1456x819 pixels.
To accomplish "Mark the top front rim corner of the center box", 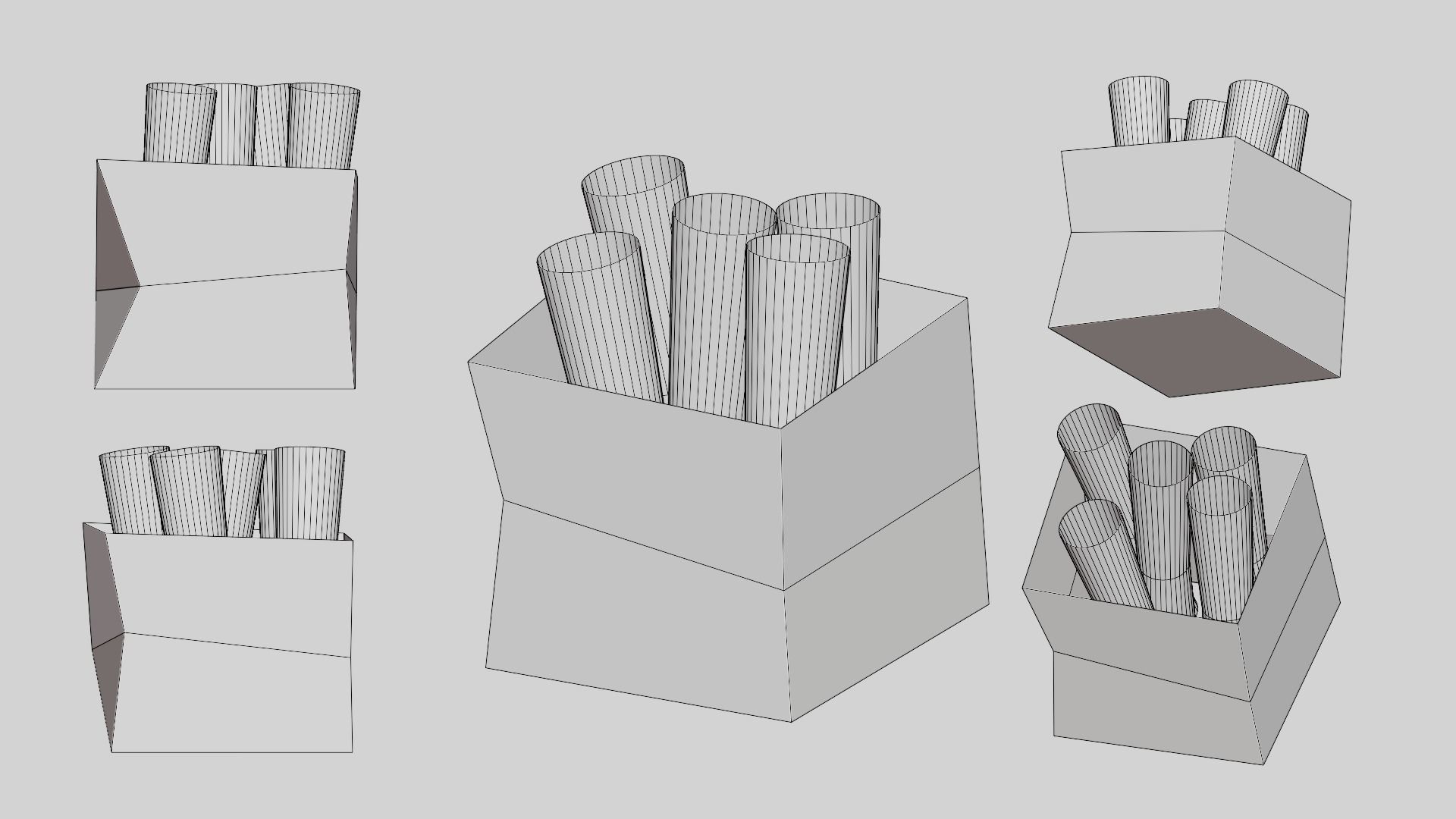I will point(782,428).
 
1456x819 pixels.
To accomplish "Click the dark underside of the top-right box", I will point(1194,350).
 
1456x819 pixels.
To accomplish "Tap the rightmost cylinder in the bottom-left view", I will point(309,493).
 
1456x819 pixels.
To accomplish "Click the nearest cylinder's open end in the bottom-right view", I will point(1090,523).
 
